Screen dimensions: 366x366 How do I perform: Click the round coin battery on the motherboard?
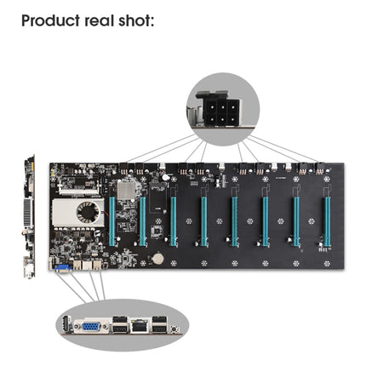158,256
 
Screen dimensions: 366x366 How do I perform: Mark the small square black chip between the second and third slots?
157,230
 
